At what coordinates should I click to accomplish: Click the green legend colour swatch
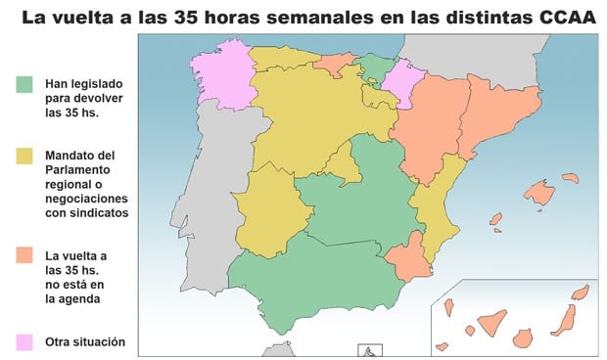26,84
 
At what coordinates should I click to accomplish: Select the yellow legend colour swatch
26,156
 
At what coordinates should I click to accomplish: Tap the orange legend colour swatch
26,255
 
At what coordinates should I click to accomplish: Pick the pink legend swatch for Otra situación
26,341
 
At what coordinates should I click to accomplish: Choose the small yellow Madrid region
342,162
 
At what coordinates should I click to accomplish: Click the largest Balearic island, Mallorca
539,190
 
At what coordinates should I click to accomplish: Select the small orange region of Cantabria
336,65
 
